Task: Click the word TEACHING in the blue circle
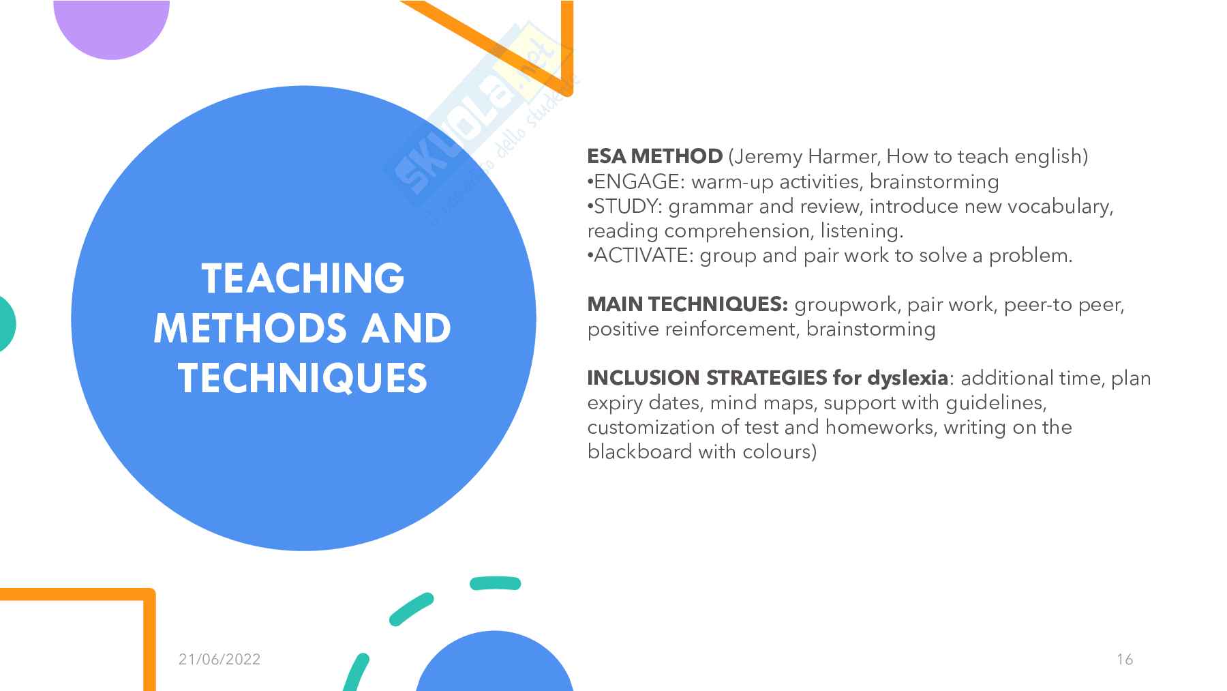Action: [303, 278]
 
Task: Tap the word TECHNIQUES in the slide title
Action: [303, 378]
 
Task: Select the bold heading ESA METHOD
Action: [654, 156]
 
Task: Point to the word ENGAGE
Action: [633, 181]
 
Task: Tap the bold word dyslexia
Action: [907, 378]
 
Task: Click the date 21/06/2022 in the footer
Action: [219, 659]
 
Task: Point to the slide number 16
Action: [1125, 659]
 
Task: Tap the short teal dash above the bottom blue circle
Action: [496, 583]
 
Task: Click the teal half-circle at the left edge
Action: [7, 324]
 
